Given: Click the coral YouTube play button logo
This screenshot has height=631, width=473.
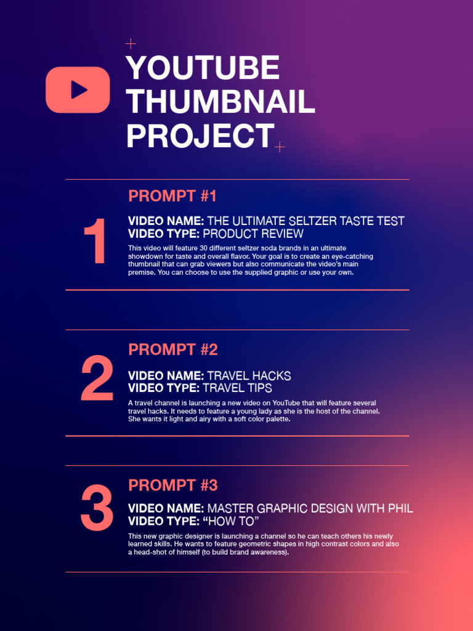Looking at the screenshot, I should tap(78, 90).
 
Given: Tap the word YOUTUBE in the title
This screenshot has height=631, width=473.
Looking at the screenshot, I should tap(203, 68).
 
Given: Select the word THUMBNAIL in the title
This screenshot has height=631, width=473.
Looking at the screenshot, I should tap(220, 102).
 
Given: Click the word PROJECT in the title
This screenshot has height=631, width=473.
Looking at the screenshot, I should tap(200, 136).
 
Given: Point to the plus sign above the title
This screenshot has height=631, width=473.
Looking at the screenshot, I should tap(130, 44).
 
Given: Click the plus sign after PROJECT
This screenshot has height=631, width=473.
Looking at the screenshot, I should tap(280, 147).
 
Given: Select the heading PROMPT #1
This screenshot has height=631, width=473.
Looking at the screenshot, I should tap(172, 197).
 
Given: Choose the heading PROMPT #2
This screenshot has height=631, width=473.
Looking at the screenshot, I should tap(173, 350).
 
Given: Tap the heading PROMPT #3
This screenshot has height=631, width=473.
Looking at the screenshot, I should tap(173, 486).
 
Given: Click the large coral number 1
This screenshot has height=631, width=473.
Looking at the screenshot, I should tap(95, 243).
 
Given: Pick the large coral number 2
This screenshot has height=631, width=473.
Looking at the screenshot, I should tap(97, 380).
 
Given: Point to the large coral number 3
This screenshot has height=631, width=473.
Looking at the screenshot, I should tap(97, 509).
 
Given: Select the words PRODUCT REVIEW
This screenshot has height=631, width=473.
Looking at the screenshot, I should tap(253, 234).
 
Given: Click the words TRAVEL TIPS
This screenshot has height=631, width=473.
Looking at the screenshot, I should tap(237, 388).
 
